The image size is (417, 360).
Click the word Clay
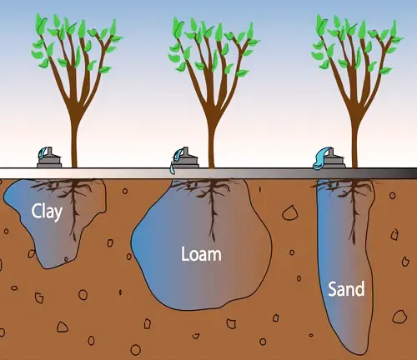[47, 212]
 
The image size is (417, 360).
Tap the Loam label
[201, 254]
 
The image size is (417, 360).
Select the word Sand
[346, 288]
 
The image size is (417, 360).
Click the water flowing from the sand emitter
[321, 157]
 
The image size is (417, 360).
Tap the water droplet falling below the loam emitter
[173, 169]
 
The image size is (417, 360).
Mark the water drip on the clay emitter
[43, 152]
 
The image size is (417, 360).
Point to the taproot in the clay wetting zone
[74, 211]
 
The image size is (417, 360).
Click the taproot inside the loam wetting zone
[213, 211]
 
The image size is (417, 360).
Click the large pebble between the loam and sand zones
[289, 213]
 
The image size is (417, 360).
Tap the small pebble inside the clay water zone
[66, 259]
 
